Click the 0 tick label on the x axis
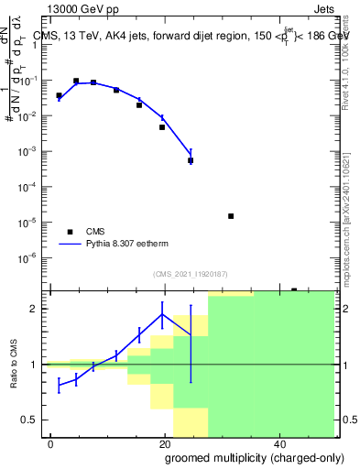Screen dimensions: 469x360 click(51, 442)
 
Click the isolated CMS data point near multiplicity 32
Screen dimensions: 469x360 click(231, 216)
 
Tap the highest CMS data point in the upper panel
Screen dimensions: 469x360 click(76, 81)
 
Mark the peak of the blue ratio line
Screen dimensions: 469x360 click(162, 314)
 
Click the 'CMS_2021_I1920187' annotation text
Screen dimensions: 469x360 click(190, 274)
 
